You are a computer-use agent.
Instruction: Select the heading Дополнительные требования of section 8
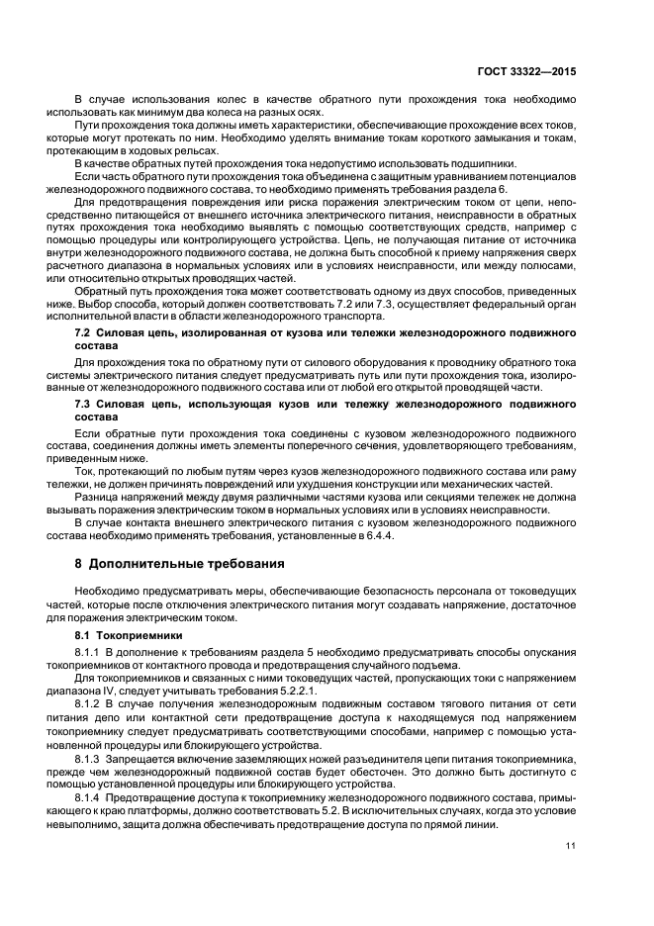[186, 563]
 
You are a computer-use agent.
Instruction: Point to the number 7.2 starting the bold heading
[84, 338]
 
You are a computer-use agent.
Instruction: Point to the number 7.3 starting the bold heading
[84, 405]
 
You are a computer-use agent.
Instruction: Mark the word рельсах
[195, 149]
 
